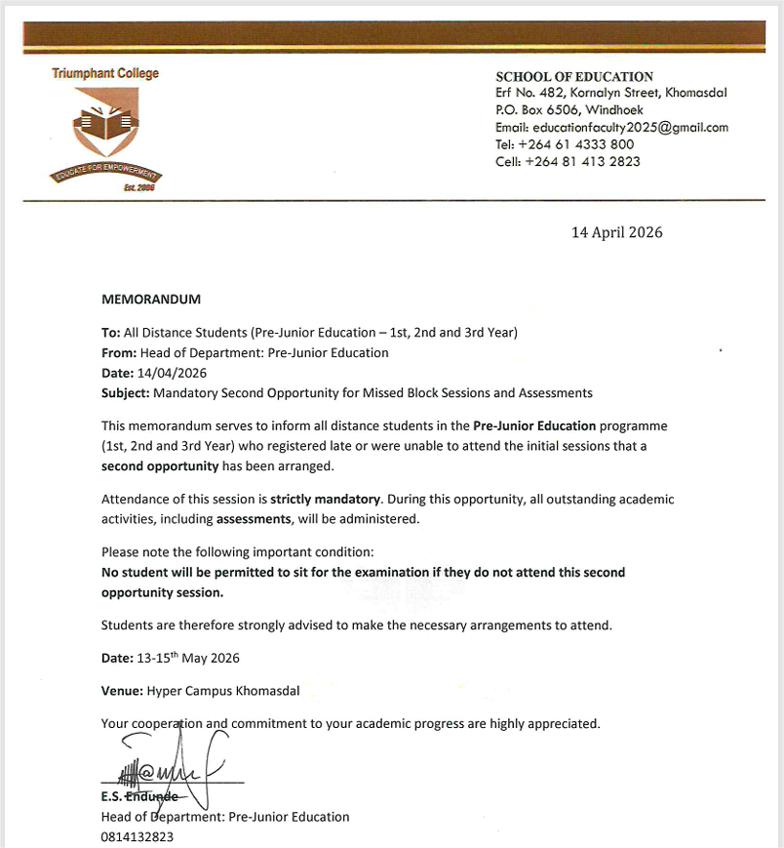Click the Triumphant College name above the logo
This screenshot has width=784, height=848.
click(x=105, y=73)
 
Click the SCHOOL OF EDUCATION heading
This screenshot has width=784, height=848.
click(x=574, y=76)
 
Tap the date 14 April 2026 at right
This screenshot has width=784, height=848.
click(x=616, y=232)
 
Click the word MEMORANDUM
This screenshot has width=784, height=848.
click(x=151, y=299)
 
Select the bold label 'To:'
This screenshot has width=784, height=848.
click(x=111, y=332)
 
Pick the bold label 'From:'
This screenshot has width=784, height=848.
click(x=119, y=352)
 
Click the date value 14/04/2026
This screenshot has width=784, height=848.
click(x=175, y=373)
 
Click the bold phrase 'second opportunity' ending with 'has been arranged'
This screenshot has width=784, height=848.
click(x=160, y=466)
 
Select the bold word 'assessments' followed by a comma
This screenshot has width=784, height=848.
click(x=253, y=519)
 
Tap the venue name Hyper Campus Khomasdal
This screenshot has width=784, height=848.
click(x=223, y=691)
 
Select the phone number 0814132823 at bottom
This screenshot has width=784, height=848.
click(x=137, y=836)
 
